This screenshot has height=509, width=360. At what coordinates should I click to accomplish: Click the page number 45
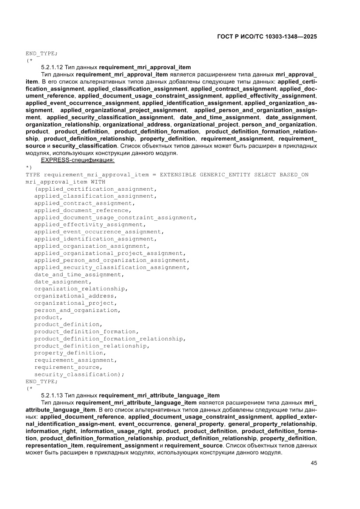pos(313,463)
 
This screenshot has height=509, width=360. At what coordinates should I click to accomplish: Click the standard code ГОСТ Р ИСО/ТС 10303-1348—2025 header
pos(266,37)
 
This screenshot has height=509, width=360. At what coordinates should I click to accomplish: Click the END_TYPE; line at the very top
pos(41,54)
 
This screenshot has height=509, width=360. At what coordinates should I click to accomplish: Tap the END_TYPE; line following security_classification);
pos(41,381)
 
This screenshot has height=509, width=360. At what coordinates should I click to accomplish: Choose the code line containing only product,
pos(48,317)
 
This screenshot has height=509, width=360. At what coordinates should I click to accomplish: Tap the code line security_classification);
pos(79,374)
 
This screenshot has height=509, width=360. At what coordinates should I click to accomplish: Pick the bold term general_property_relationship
pos(272,424)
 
